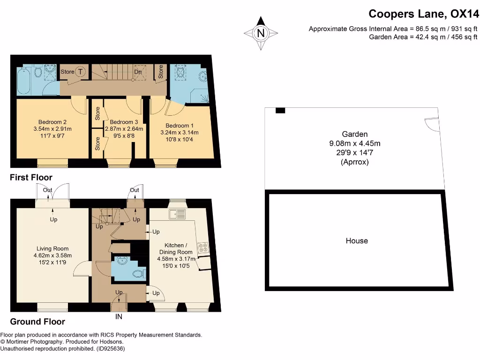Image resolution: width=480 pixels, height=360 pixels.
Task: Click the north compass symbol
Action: [x=261, y=33]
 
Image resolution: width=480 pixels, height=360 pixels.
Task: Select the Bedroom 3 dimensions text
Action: [x=120, y=132]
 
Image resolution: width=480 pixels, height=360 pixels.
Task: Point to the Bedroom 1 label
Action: [x=179, y=126]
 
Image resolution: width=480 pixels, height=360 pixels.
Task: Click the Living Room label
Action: [x=52, y=249]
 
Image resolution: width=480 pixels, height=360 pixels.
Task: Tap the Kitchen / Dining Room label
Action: [x=176, y=248]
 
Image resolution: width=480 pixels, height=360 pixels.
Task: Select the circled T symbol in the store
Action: [x=81, y=72]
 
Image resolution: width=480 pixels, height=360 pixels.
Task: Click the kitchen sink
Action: [x=178, y=215]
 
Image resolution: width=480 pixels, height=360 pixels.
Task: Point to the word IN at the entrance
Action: [x=119, y=317]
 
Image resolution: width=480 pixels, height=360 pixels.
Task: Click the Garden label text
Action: [x=354, y=134]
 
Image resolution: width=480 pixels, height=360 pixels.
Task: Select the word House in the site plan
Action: [x=357, y=241]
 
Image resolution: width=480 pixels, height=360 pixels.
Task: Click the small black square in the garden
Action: [x=280, y=111]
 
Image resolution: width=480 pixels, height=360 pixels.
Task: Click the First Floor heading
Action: [x=31, y=178]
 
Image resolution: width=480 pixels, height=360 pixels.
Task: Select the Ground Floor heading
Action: [x=37, y=322]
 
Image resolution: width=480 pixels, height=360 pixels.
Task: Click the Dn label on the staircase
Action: [x=138, y=72]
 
